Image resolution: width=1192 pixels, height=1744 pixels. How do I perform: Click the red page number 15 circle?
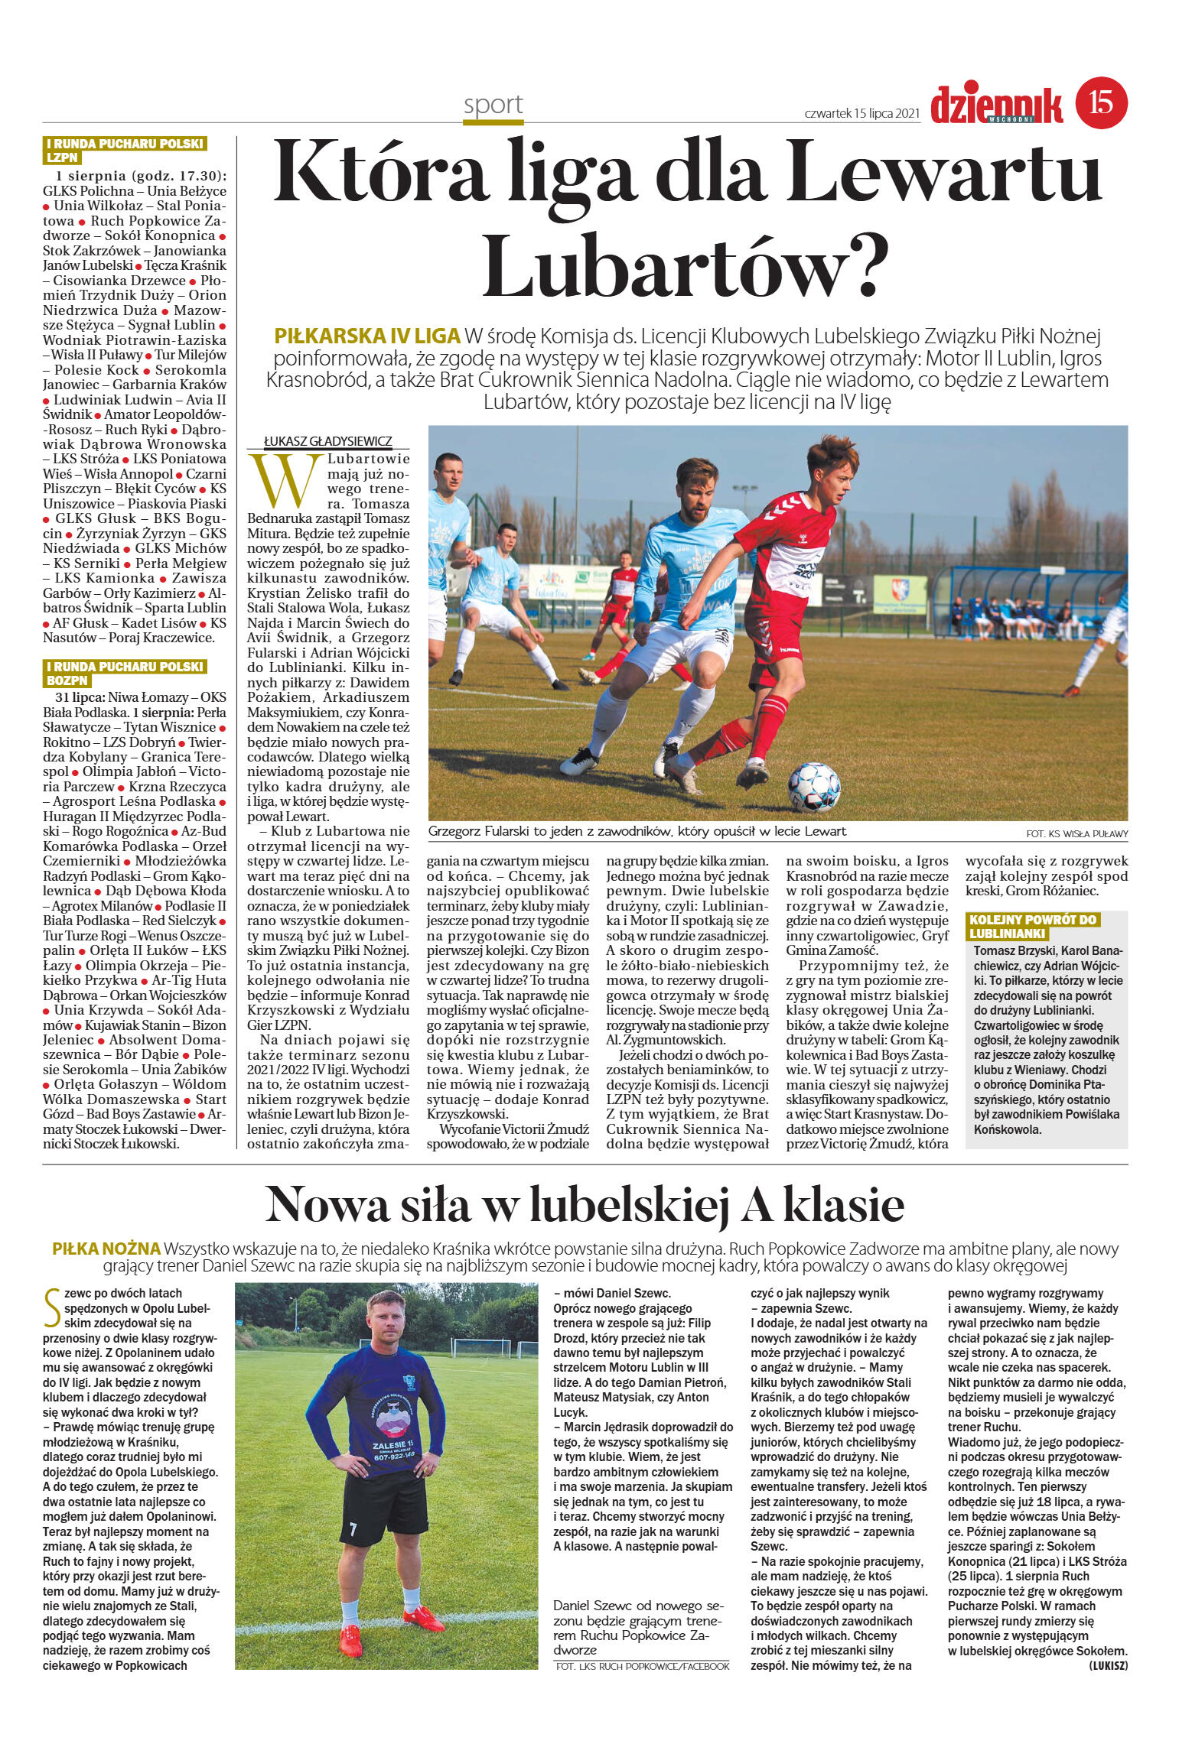[x=1102, y=102]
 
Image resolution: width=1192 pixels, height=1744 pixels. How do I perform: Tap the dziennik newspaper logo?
[x=996, y=105]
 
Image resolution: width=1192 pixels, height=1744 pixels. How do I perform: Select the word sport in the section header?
[x=493, y=104]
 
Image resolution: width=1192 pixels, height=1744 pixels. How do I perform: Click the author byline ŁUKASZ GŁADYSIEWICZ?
[x=327, y=442]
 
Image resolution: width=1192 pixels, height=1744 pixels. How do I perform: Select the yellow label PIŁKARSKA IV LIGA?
[x=367, y=336]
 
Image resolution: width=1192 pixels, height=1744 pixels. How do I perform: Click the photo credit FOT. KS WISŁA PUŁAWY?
[x=1076, y=833]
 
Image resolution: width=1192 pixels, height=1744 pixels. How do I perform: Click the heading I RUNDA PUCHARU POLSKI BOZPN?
[x=124, y=673]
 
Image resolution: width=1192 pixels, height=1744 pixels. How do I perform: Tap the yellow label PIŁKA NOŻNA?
[x=106, y=1249]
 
